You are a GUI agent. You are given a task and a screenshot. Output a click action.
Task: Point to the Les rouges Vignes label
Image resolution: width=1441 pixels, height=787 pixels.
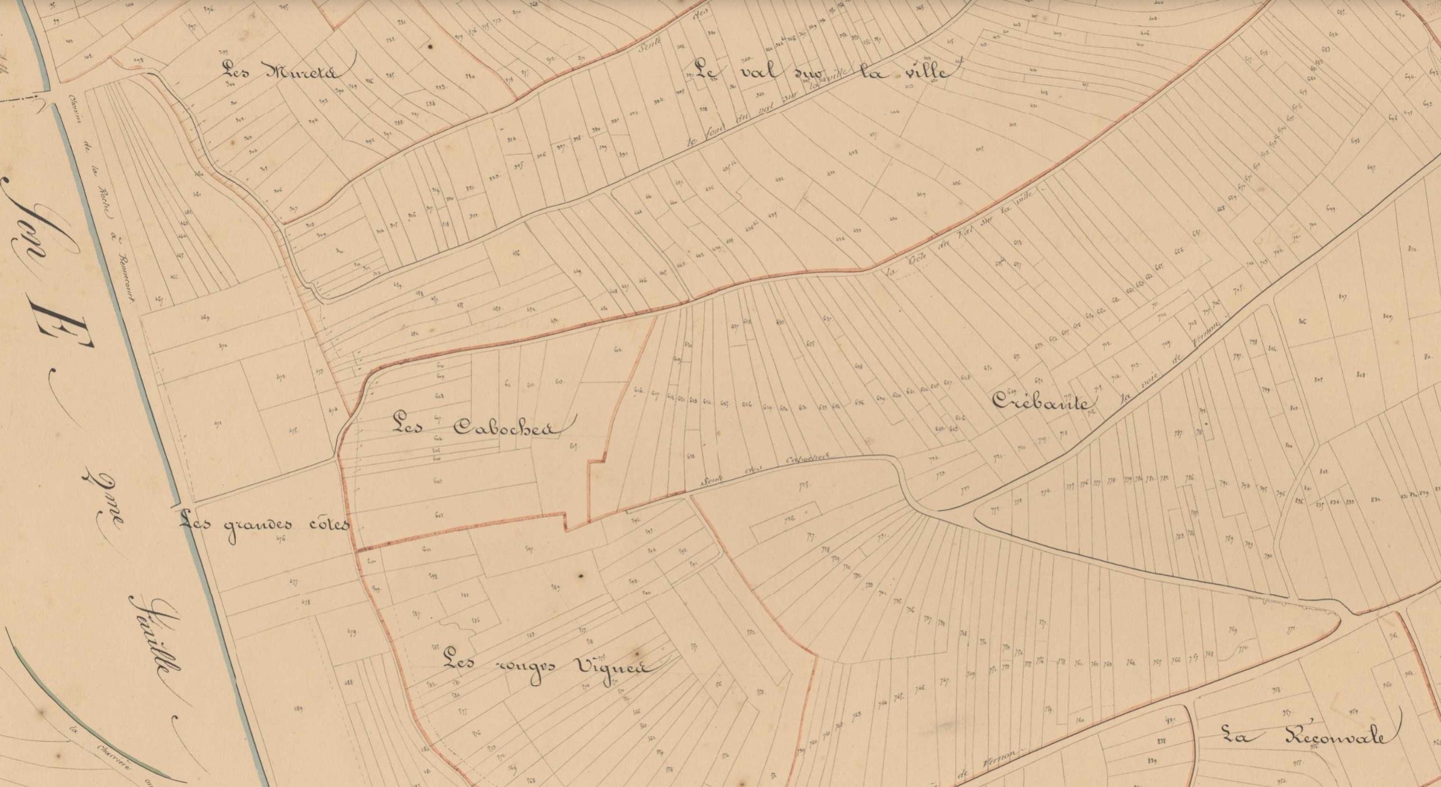[x=548, y=667]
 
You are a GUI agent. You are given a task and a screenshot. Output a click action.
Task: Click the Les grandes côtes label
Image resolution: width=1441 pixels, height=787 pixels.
[x=264, y=525]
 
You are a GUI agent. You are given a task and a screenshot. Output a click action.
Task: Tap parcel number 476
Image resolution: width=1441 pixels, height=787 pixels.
[x=281, y=538]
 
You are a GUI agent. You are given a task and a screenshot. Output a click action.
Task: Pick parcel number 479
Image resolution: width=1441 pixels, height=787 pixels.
[x=352, y=632]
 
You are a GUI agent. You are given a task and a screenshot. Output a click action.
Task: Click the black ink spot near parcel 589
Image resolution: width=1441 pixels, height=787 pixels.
[x=581, y=575]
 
